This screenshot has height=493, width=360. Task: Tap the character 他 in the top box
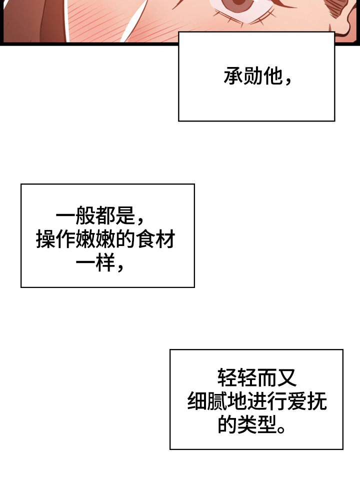point(272,76)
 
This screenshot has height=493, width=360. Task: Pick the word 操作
point(55,240)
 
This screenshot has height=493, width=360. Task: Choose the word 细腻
point(207,401)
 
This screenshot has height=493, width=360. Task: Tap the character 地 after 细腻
point(237,401)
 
